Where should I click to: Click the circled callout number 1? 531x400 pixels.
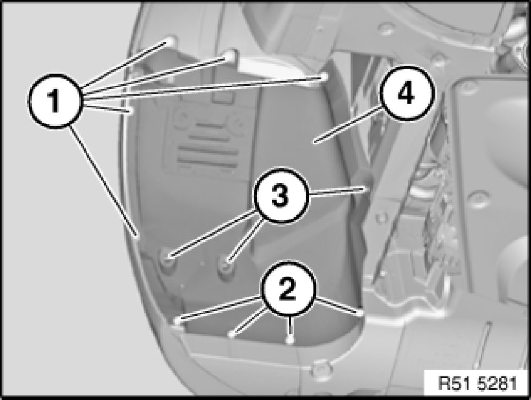click(55, 101)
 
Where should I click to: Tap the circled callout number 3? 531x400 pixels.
click(281, 195)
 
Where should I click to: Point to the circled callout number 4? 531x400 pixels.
click(407, 92)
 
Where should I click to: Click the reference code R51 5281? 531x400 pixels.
click(478, 384)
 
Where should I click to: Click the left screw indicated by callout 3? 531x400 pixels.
click(168, 256)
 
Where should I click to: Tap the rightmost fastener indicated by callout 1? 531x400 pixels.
click(323, 76)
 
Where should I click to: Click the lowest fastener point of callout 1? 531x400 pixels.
click(137, 235)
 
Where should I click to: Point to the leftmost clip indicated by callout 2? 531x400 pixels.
click(177, 320)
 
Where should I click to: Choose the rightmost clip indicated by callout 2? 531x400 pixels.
click(359, 312)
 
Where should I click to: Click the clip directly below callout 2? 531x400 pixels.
click(289, 339)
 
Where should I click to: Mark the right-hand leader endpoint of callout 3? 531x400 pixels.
click(365, 189)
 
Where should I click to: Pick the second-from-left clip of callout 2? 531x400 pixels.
click(231, 334)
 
